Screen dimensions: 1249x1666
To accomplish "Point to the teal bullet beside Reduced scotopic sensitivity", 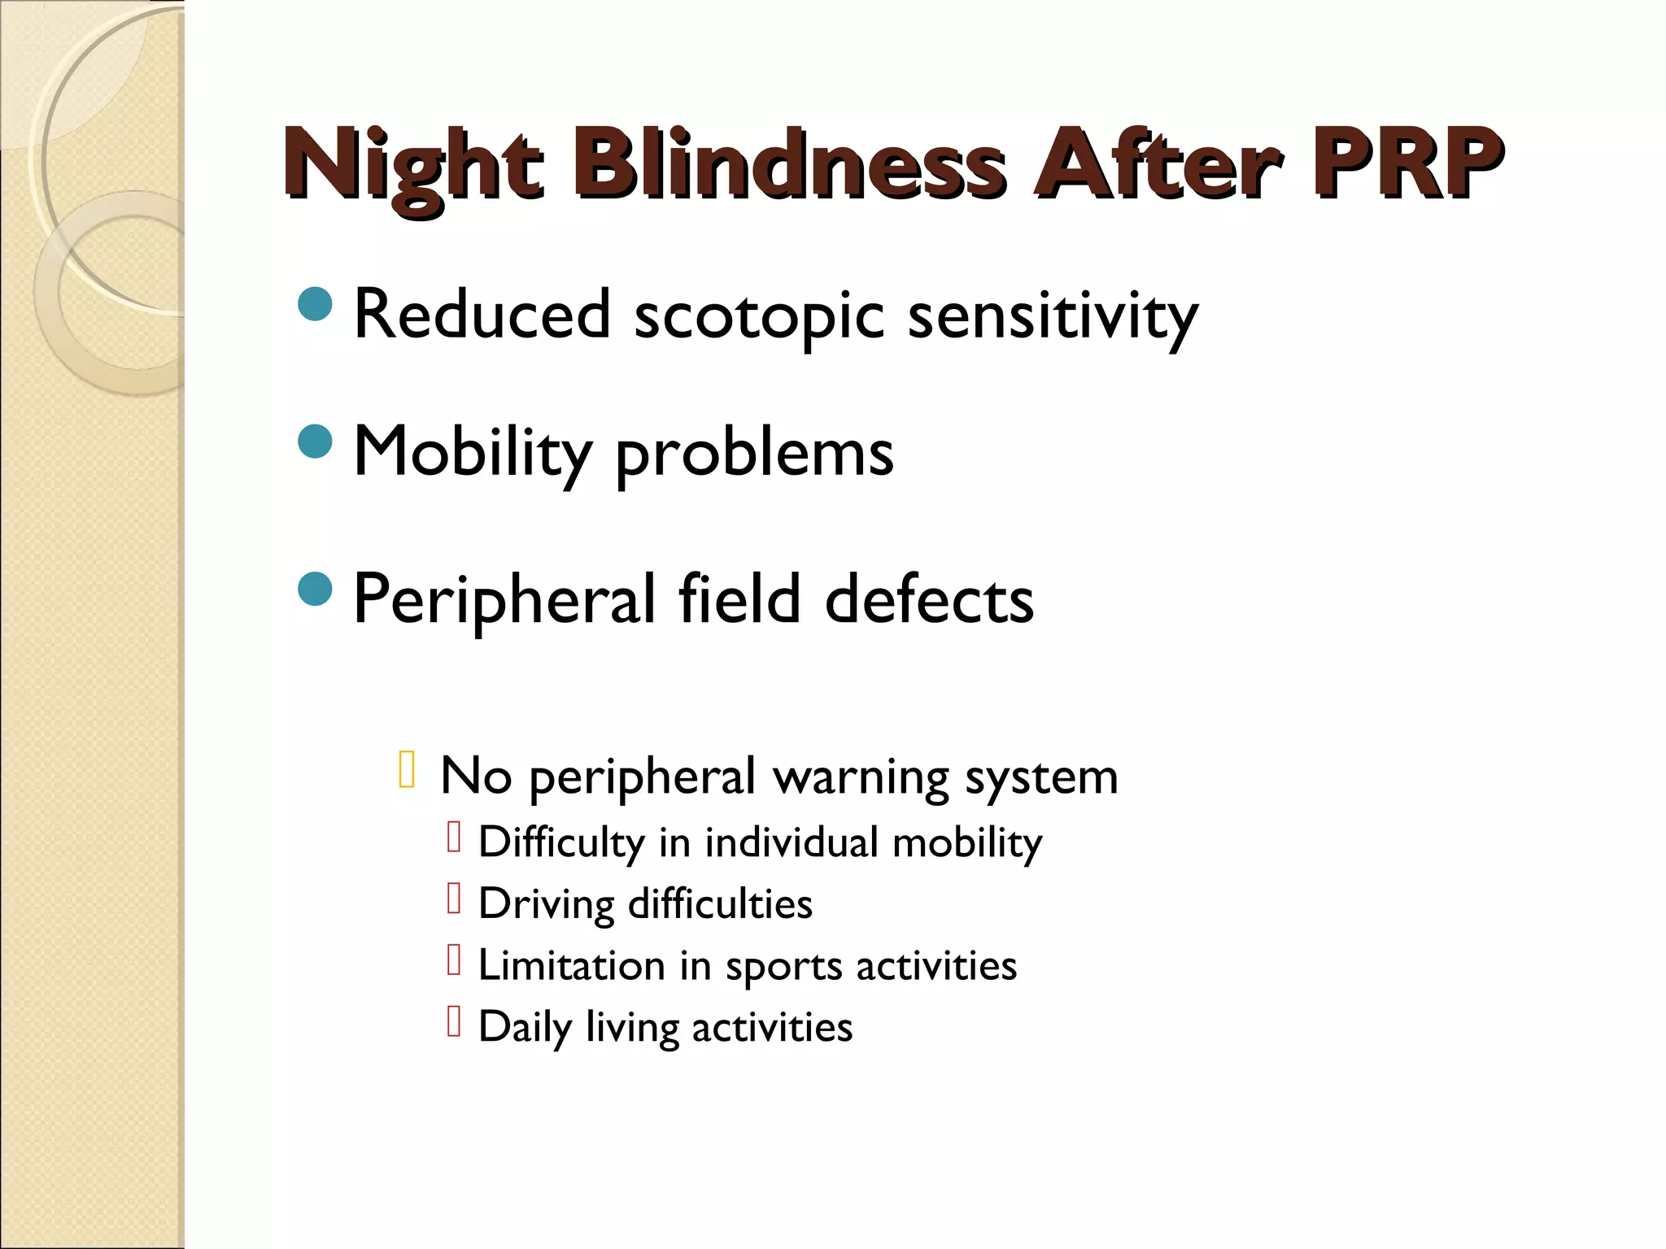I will coord(316,304).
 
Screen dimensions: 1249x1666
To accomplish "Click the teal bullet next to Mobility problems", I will coord(316,442).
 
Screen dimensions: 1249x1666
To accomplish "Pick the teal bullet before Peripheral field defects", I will coord(316,589).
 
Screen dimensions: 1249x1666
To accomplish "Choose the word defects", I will coord(929,600).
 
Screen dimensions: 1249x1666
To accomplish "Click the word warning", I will coord(861,777).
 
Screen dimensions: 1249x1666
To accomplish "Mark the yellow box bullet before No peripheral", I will coord(408,770).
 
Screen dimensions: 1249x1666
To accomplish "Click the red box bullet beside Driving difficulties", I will coord(454,899).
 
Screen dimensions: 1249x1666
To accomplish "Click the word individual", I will coord(792,842).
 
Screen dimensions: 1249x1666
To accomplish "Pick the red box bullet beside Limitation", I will coord(454,960).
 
